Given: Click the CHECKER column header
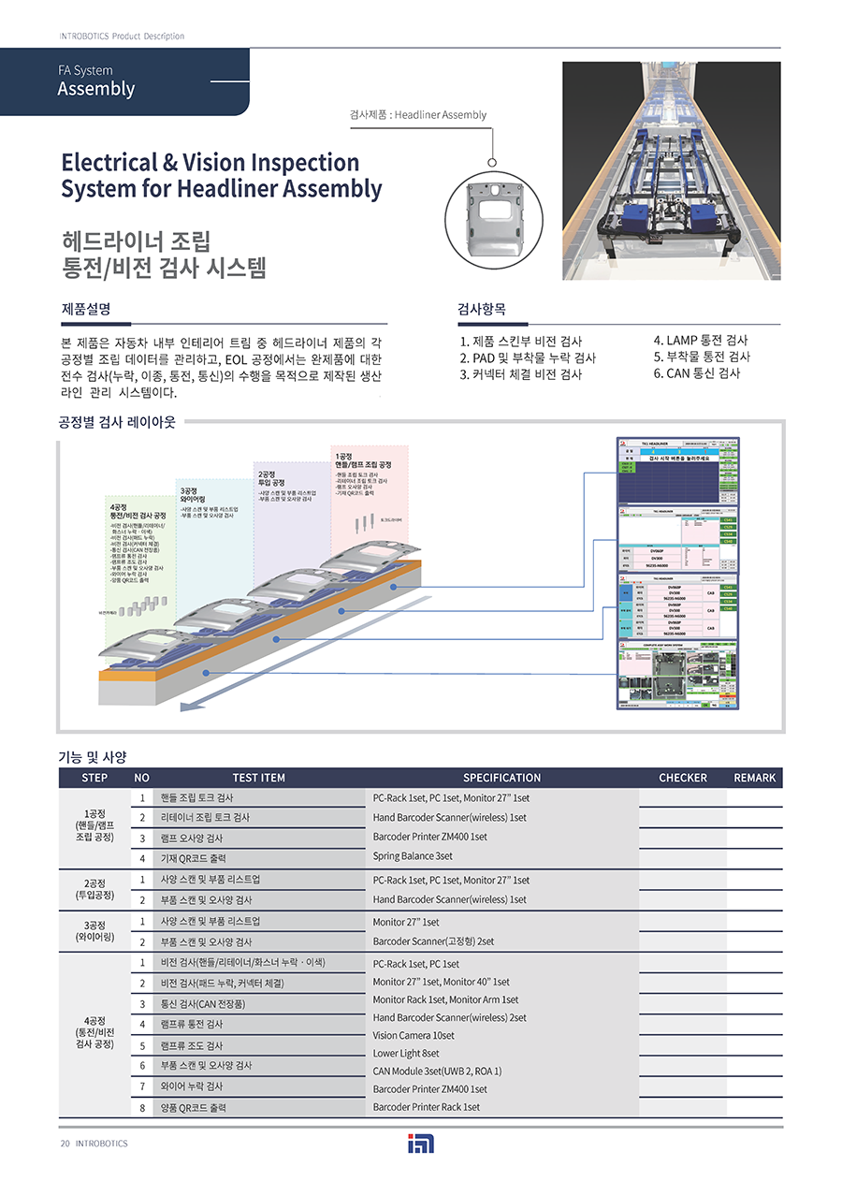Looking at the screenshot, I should click(682, 778).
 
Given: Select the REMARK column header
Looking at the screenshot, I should click(754, 778).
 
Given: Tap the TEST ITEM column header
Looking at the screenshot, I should click(258, 778).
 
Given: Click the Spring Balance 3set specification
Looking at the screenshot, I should click(413, 856).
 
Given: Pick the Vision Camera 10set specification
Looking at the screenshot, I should click(414, 1036).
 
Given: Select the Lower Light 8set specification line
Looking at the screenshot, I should click(406, 1054).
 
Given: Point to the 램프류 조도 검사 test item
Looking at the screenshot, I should click(192, 1045).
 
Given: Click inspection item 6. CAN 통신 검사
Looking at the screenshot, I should click(696, 373).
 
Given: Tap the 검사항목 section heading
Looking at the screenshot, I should click(482, 309).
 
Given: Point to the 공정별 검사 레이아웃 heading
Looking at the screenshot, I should click(118, 422).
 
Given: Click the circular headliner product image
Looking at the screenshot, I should click(492, 218).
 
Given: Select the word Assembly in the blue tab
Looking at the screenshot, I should click(96, 90).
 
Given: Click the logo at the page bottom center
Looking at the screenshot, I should click(421, 1144).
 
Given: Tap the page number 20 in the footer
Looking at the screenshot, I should click(65, 1144).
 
